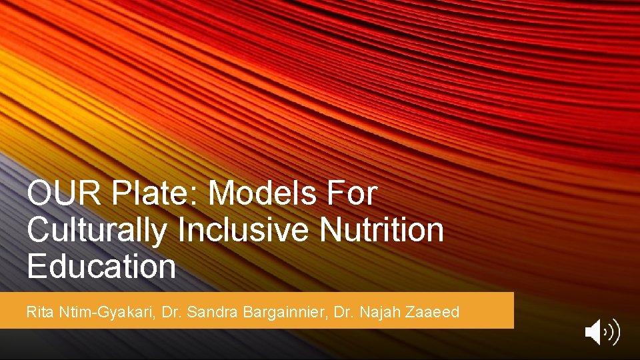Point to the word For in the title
coord(351,195)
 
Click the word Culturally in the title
coord(97,231)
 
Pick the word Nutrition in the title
coord(381,231)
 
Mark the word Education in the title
coord(101,267)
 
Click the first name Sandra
coord(207,311)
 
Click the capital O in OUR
coord(39,195)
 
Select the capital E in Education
coord(36,267)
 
